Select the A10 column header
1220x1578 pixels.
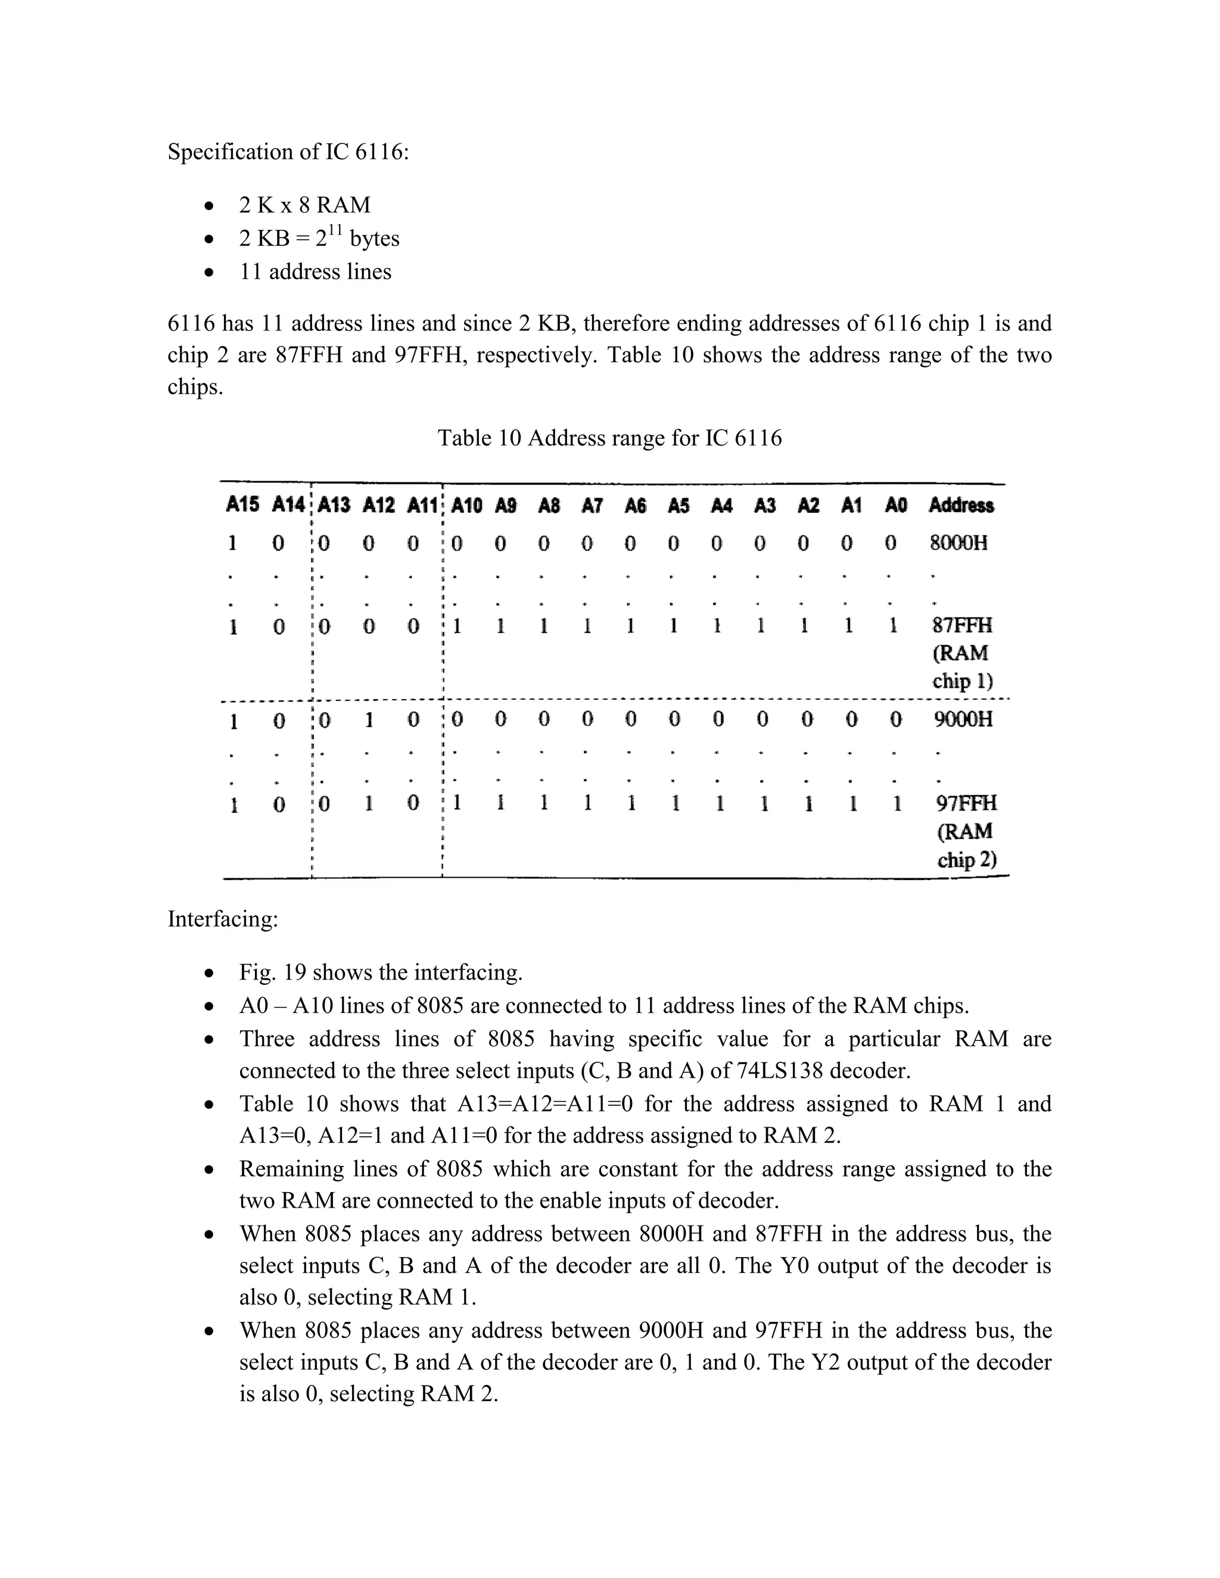tap(466, 505)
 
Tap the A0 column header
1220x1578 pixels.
tap(895, 505)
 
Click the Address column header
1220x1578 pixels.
tap(961, 505)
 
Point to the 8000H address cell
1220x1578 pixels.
tap(958, 542)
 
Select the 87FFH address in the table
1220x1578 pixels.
tap(962, 625)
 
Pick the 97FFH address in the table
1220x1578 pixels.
tap(966, 803)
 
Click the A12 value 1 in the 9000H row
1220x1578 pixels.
tap(369, 721)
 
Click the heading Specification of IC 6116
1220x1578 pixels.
tap(288, 152)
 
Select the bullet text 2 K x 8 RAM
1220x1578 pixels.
tap(304, 205)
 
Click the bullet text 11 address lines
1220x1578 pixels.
tap(315, 272)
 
